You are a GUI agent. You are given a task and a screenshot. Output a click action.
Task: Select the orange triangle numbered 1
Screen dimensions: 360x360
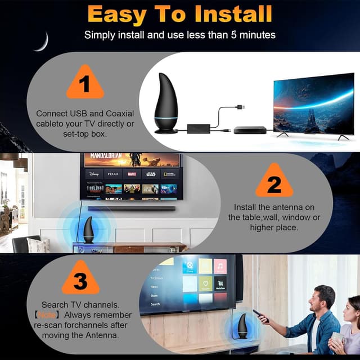(x=85, y=85)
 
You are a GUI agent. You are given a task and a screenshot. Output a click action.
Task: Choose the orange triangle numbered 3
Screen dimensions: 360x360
(x=80, y=280)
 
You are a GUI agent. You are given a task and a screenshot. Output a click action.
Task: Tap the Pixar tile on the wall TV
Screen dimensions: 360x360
(x=112, y=174)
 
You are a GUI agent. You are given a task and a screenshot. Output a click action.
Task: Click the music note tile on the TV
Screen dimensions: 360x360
(x=220, y=266)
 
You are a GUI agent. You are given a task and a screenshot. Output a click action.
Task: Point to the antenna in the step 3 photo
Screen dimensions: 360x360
(x=242, y=327)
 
